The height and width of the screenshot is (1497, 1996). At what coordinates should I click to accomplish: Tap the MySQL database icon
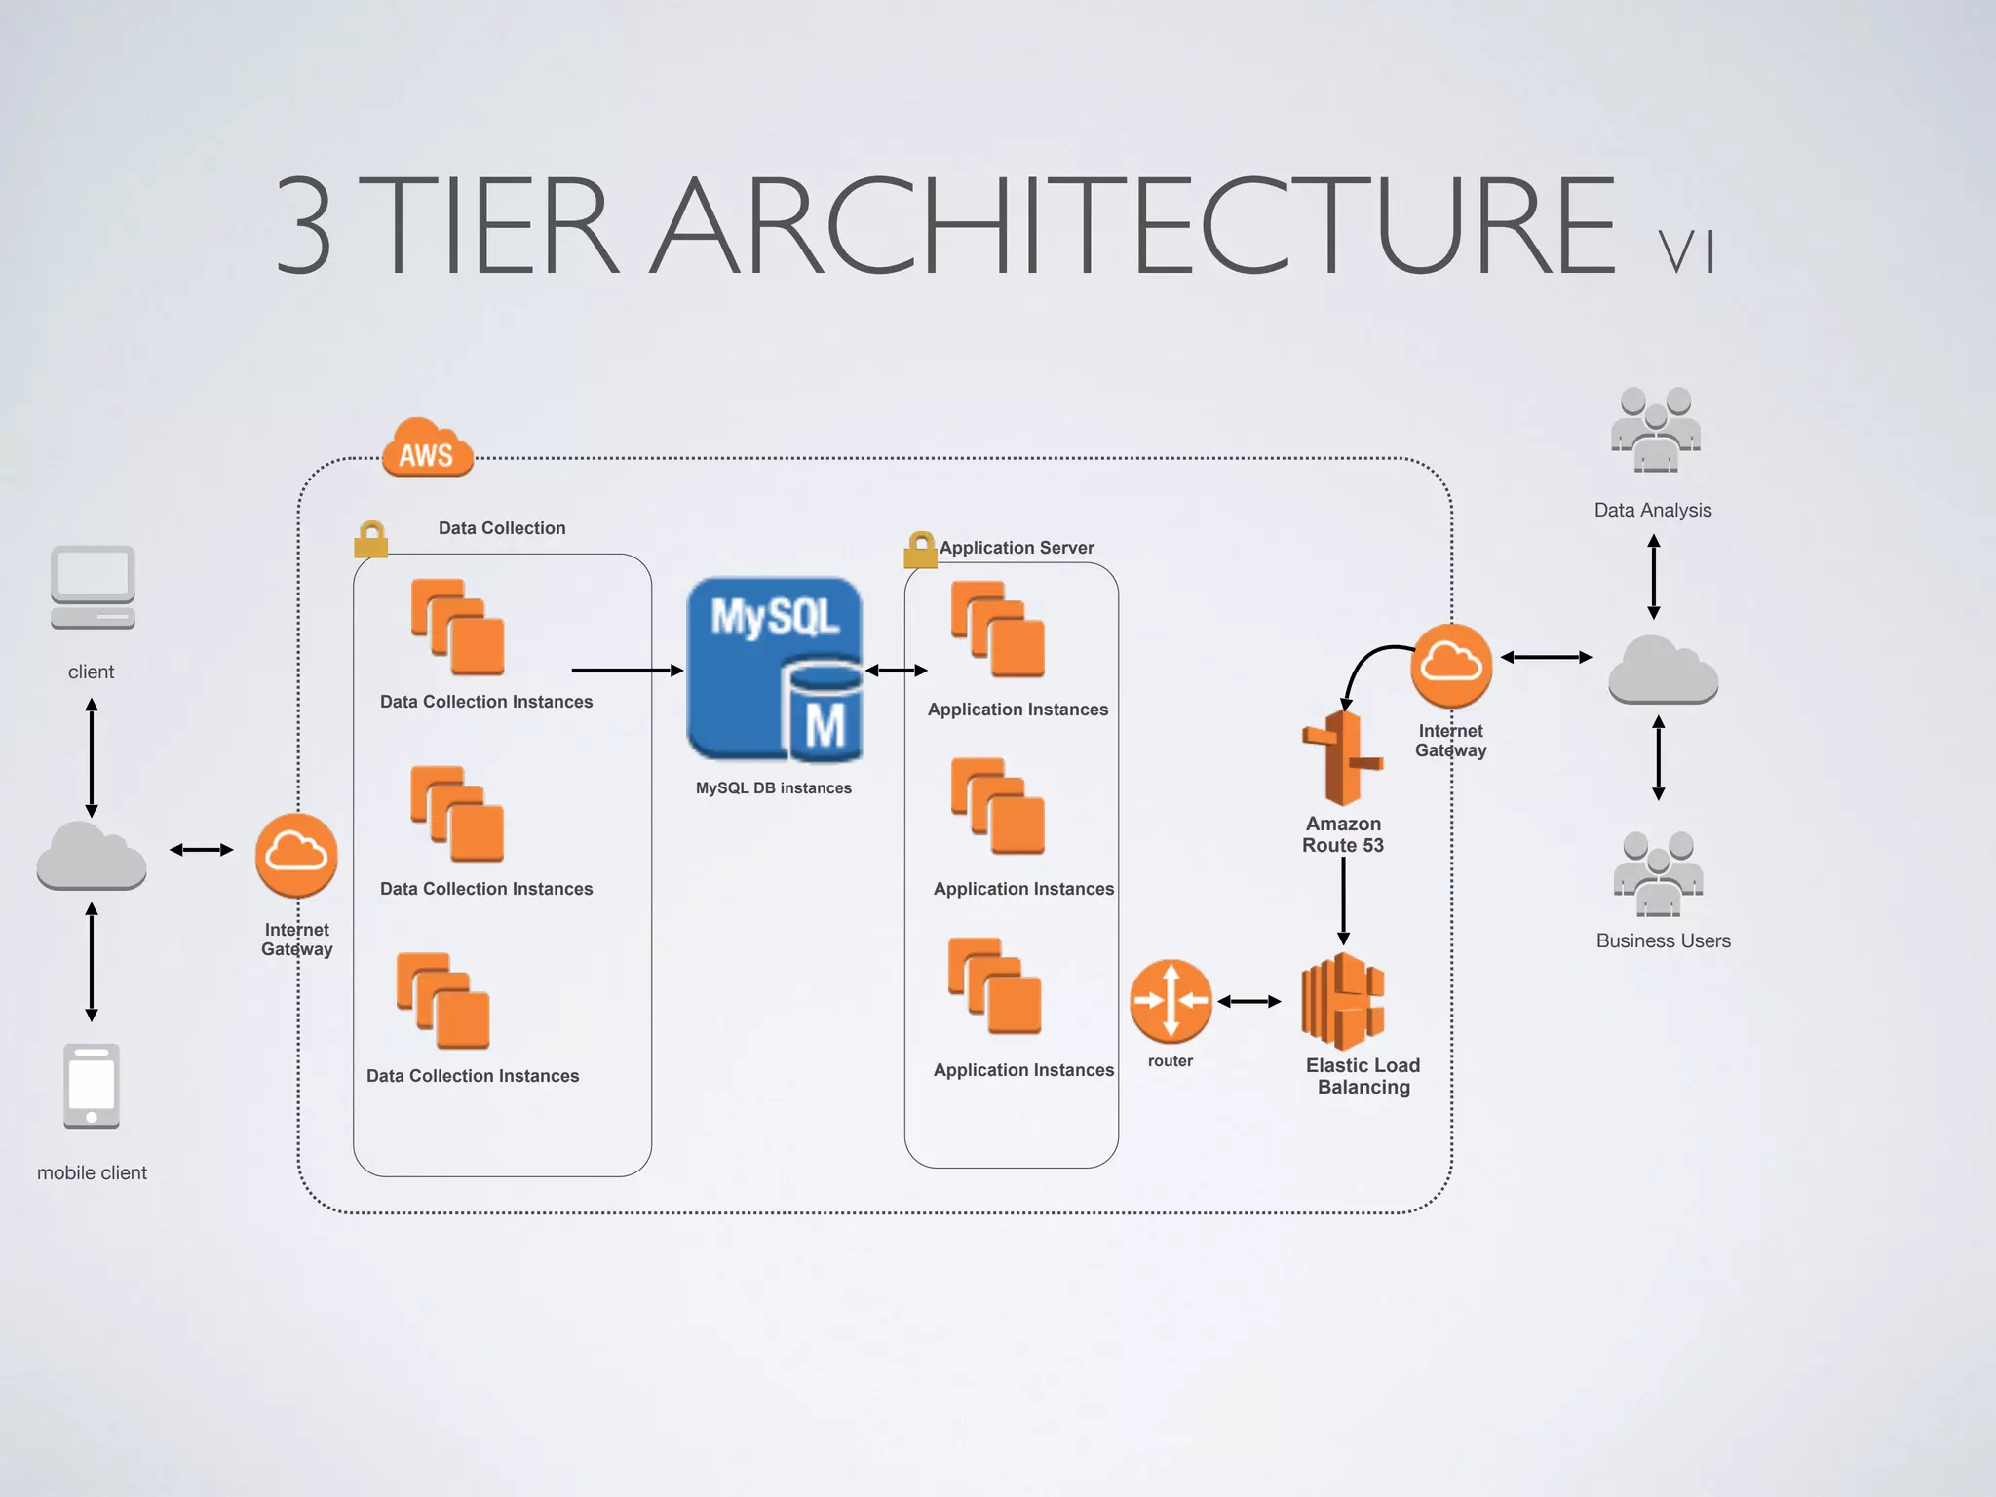click(x=775, y=670)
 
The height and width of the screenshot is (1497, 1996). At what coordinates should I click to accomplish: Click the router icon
click(x=1171, y=1001)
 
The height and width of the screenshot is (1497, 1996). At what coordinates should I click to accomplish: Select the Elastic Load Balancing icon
click(x=1343, y=1001)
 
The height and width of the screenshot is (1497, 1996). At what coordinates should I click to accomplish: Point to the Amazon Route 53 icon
click(x=1342, y=757)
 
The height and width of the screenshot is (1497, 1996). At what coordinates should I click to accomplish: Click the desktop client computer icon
click(x=93, y=588)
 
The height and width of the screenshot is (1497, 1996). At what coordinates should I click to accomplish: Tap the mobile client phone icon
click(x=92, y=1086)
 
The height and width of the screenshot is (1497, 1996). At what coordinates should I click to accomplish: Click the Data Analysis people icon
click(x=1654, y=430)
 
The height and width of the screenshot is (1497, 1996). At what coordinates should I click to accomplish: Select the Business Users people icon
click(x=1658, y=874)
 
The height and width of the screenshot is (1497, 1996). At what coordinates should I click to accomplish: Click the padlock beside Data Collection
click(x=370, y=539)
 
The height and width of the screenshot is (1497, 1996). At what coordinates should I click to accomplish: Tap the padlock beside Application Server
click(x=919, y=550)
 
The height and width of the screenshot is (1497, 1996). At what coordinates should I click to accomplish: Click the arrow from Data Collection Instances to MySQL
click(x=627, y=671)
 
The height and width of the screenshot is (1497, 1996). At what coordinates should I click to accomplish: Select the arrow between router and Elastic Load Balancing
click(x=1248, y=1001)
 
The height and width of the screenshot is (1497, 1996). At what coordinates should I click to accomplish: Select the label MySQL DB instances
click(x=773, y=787)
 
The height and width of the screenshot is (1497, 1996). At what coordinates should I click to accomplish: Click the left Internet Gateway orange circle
click(x=296, y=855)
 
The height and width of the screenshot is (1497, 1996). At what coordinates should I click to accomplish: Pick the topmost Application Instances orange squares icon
click(x=998, y=630)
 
